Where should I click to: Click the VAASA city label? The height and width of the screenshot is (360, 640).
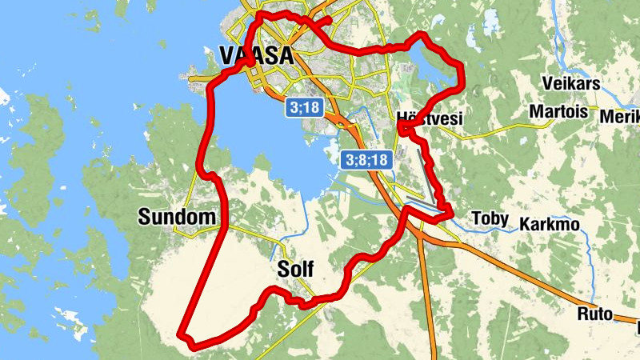point(255,55)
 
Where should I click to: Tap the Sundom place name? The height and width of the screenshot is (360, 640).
point(177,217)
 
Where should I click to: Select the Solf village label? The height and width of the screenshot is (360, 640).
point(295,269)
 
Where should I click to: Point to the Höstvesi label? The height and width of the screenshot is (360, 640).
point(430,118)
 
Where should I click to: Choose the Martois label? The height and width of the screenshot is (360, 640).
point(558,110)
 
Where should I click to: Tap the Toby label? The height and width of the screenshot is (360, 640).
point(490,218)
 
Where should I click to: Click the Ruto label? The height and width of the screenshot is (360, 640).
point(594,314)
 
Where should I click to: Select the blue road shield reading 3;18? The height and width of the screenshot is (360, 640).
point(304,106)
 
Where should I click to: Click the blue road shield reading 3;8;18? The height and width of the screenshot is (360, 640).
point(366,160)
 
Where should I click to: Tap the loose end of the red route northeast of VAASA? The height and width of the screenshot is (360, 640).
point(328,18)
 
